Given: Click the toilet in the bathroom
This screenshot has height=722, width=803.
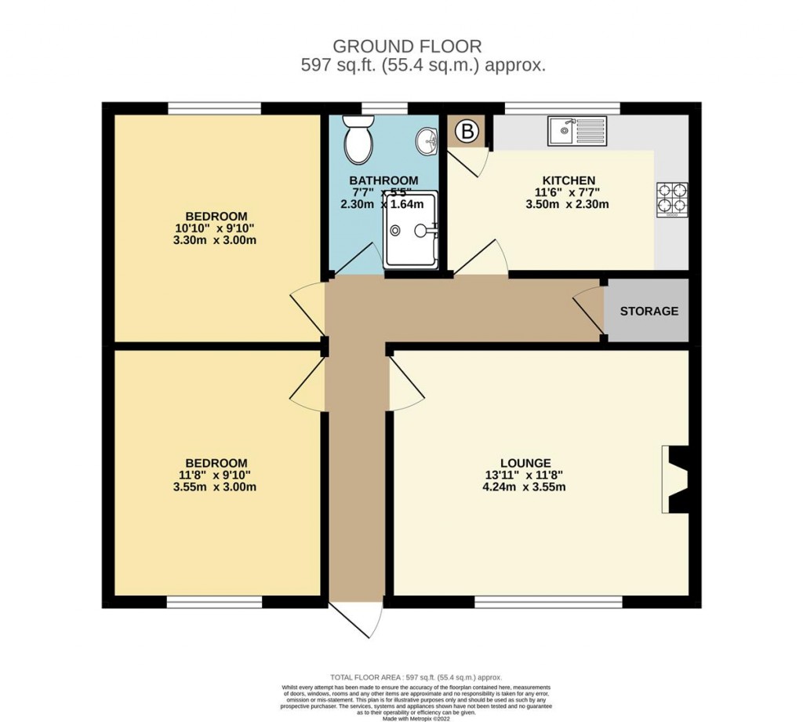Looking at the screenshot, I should coord(359,139).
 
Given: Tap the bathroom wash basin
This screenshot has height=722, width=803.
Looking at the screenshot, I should coord(426,140).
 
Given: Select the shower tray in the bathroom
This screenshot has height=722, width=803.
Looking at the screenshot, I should coord(411,229).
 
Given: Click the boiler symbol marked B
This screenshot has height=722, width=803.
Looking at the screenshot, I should coord(467,133).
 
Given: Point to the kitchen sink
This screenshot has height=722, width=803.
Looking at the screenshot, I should coord(578,131).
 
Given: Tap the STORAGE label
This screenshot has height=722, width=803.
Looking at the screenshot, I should coord(649,311).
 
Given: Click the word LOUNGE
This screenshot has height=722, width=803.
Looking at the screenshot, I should coord(525,463).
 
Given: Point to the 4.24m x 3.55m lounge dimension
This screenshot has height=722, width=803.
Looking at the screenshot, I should coord(524,487).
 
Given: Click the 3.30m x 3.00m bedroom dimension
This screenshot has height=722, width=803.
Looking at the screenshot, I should coord(216,240).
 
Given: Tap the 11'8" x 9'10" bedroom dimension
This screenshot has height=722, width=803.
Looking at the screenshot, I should coord(216,475).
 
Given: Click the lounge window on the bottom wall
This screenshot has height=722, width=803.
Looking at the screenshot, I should coord(549,602).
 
